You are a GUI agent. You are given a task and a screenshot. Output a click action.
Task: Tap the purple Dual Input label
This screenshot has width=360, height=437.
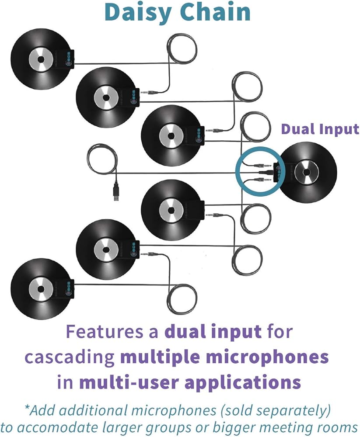coord(320,130)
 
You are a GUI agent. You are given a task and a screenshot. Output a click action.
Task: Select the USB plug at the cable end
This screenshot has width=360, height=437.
coord(116,192)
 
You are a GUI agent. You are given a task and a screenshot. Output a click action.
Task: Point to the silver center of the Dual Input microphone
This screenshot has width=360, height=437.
coord(307,173)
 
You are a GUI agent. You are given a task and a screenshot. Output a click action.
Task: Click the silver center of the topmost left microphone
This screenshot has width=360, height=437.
coord(41,59)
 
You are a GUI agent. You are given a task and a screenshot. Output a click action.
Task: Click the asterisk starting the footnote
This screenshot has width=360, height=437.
coord(27,407)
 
